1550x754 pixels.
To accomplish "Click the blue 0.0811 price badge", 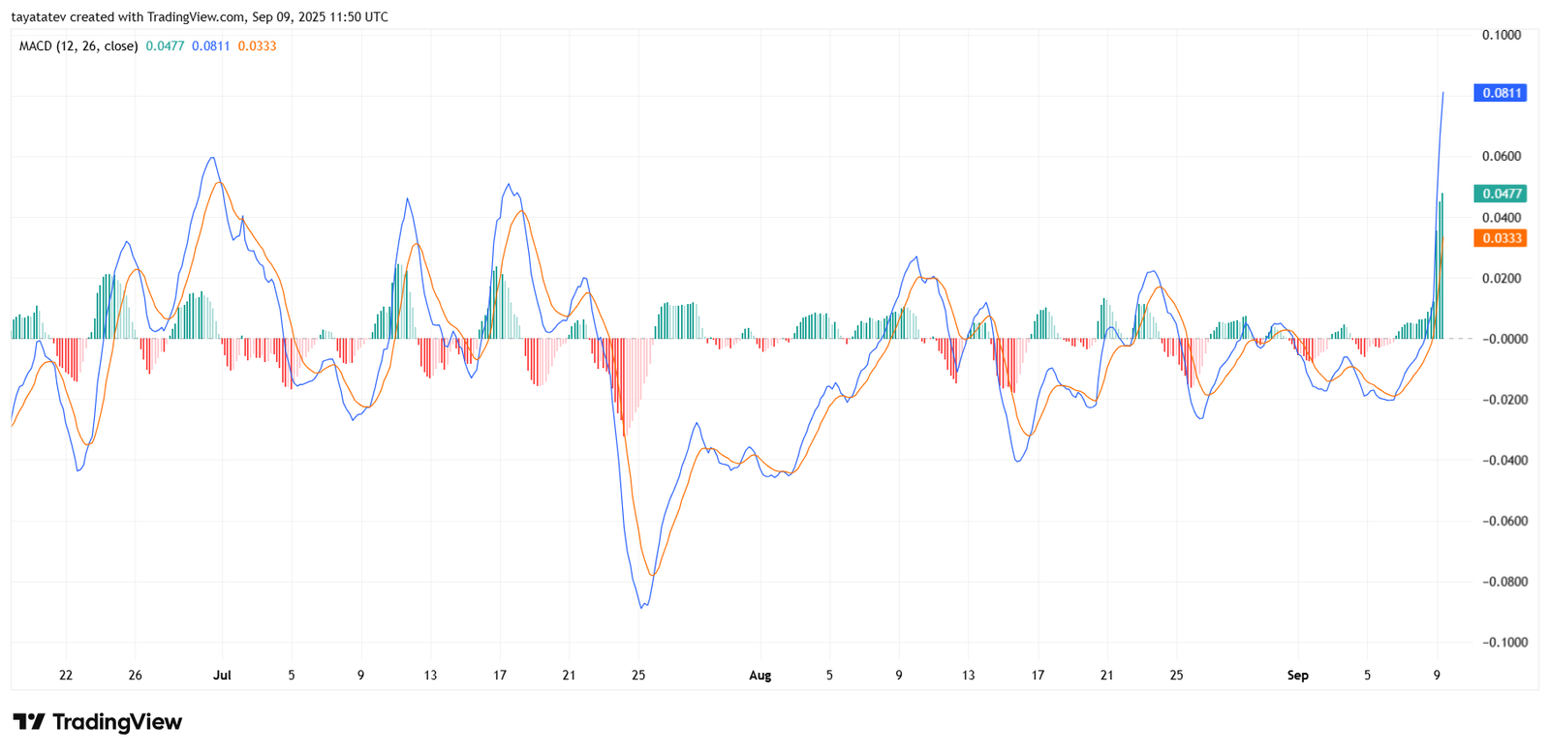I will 1499,93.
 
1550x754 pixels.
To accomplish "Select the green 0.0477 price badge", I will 1499,194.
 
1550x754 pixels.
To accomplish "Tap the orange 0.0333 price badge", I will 1499,238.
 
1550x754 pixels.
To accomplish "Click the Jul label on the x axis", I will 222,676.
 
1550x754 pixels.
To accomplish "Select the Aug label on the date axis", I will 759,676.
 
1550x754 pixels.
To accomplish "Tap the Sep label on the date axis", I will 1297,676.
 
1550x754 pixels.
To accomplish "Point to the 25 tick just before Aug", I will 638,676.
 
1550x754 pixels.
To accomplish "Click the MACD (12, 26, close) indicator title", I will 78,46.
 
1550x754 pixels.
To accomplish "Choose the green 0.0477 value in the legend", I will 165,46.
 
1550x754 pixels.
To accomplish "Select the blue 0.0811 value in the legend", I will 210,46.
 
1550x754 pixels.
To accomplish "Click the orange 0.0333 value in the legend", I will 257,46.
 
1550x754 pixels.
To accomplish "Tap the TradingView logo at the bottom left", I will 97,722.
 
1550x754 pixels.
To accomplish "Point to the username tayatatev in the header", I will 38,17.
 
